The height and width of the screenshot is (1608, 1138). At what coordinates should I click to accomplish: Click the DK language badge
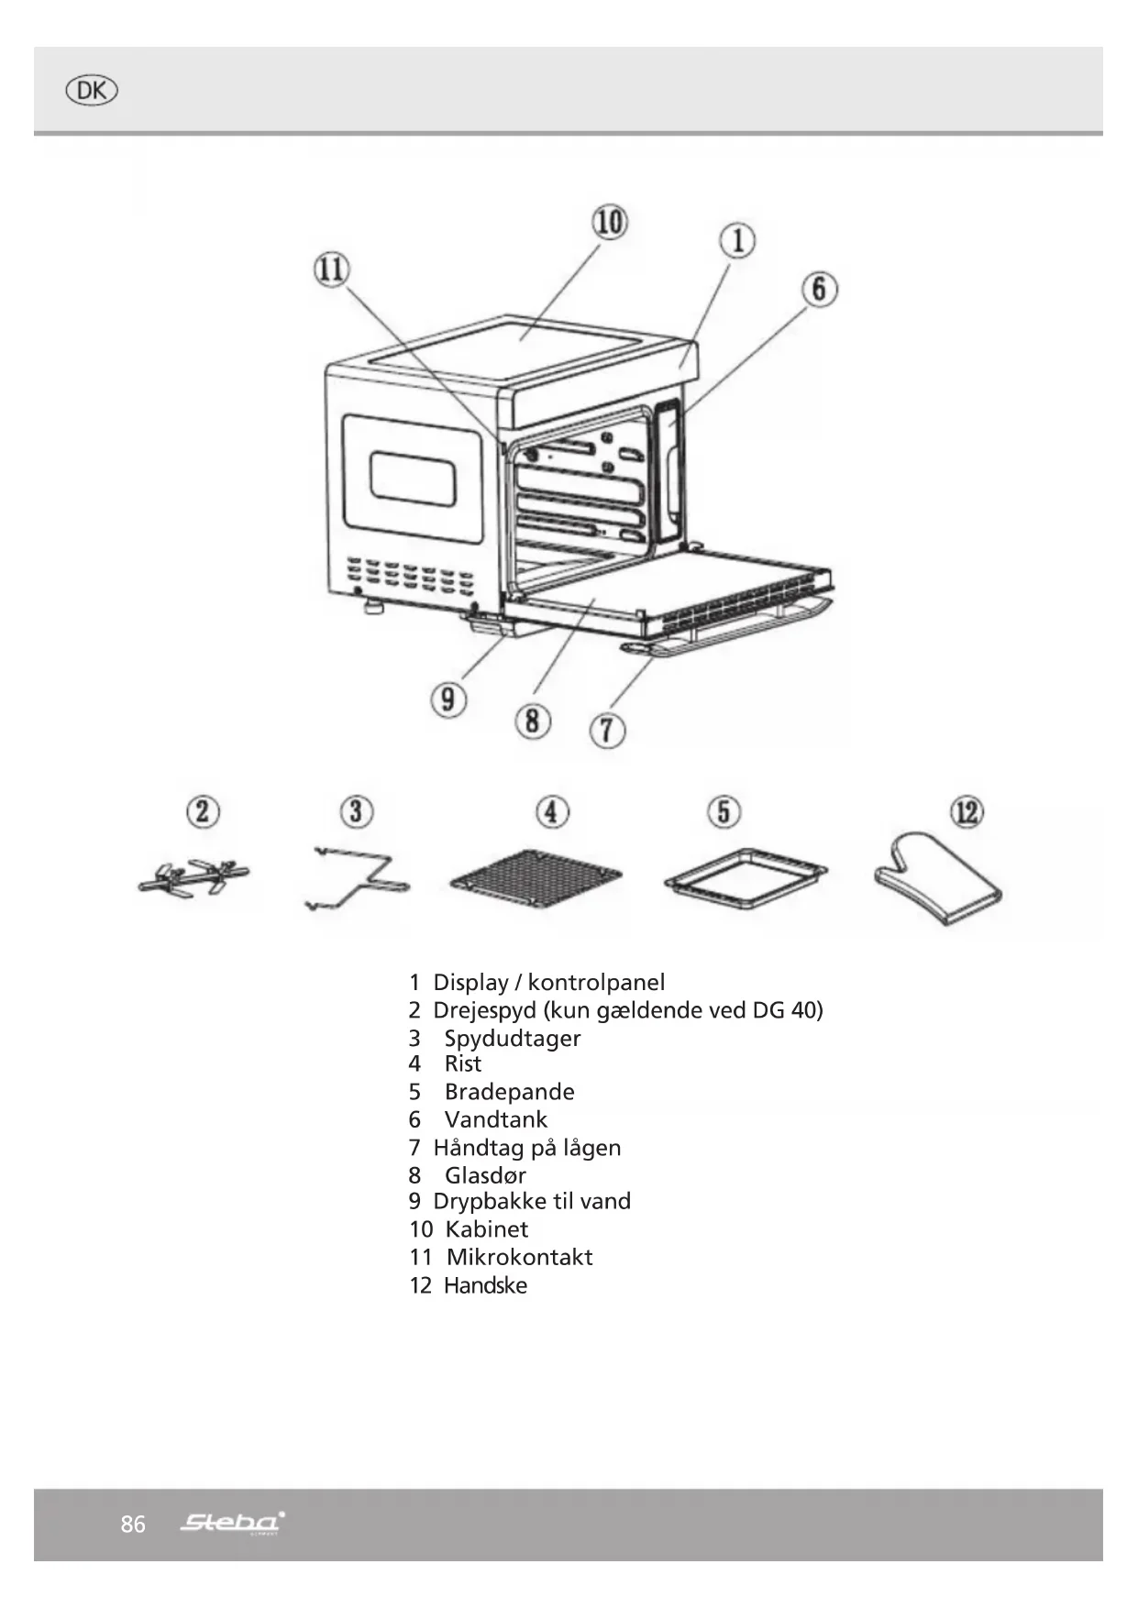[92, 91]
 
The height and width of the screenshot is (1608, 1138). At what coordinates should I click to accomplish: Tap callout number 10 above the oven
[610, 222]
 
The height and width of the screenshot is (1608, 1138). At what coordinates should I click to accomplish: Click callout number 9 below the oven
[447, 700]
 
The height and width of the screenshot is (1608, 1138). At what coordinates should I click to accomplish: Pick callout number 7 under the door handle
[607, 731]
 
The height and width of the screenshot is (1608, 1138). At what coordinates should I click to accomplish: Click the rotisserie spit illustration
[193, 878]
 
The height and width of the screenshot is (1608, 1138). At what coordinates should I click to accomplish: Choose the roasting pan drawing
[745, 878]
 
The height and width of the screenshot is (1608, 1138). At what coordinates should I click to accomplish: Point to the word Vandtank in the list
[495, 1119]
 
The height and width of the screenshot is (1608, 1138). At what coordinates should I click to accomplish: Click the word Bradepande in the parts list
[509, 1092]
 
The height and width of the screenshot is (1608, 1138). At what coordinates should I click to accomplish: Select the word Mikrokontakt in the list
[519, 1257]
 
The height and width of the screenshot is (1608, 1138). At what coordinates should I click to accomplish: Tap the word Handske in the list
[485, 1285]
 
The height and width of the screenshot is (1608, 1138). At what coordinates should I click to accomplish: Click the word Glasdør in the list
[485, 1175]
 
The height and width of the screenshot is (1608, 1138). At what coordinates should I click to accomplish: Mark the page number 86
[133, 1524]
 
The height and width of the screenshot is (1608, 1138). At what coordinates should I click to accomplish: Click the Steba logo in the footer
[232, 1523]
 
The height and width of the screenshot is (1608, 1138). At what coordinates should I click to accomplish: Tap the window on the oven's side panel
[413, 478]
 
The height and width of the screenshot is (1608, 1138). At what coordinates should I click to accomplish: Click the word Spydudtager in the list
[512, 1039]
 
